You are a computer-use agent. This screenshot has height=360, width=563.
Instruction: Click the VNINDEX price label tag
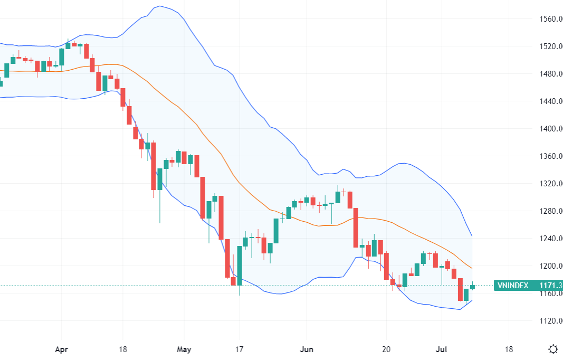tap(528, 286)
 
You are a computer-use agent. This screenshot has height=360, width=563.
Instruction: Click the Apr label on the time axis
tap(61, 349)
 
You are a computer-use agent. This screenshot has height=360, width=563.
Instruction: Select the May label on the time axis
tap(184, 349)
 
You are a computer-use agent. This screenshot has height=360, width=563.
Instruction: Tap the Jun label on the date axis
tap(306, 349)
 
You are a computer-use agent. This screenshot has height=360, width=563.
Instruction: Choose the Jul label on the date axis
tap(441, 349)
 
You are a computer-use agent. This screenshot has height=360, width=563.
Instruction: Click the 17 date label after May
tap(239, 349)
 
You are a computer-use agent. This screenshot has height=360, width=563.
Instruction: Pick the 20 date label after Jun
tap(386, 349)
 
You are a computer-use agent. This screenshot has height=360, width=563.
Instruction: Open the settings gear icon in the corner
tap(553, 349)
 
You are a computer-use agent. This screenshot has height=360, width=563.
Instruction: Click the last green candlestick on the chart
tap(472, 287)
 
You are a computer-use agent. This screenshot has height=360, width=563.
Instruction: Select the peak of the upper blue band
tap(159, 6)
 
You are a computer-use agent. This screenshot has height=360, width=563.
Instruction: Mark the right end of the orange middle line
tap(472, 269)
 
